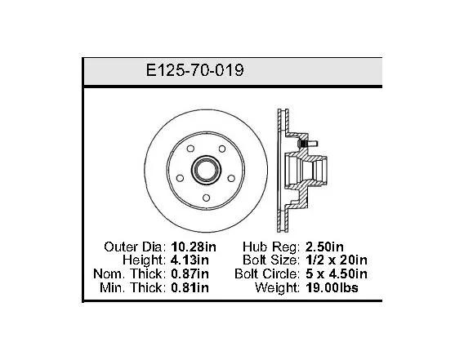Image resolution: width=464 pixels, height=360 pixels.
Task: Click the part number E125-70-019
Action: [x=194, y=70]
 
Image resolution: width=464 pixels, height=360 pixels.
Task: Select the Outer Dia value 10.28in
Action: [x=194, y=247]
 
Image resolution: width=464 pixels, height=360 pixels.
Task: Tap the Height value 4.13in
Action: [x=190, y=260]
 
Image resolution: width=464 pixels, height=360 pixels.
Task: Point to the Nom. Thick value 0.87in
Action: [x=190, y=273]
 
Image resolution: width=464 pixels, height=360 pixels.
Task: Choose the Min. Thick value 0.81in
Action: [x=190, y=287]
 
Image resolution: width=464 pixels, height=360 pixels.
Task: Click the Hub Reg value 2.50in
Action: [x=324, y=247]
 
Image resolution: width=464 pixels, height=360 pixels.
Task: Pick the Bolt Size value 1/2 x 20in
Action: [x=337, y=260]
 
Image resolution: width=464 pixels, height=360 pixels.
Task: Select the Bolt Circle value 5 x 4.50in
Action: [x=337, y=273]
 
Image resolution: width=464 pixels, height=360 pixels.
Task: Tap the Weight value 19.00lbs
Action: [x=332, y=287]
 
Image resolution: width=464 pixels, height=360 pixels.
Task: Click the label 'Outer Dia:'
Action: [x=135, y=247]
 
